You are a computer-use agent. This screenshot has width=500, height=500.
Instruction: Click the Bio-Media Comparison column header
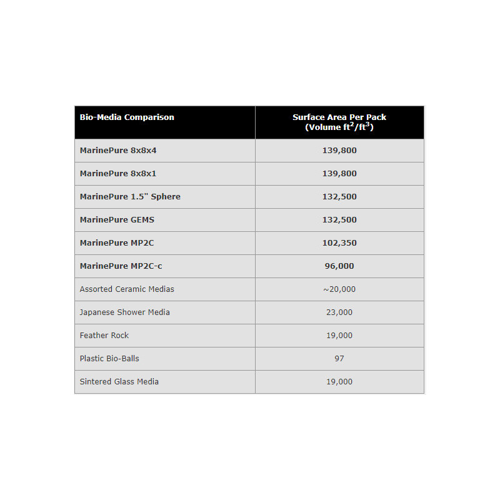point(127,117)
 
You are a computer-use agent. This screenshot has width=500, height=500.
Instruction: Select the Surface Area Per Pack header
point(339,122)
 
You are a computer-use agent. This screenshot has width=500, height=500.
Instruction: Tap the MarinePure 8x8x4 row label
point(118,151)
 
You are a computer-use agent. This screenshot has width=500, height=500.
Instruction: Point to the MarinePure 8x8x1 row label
point(118,174)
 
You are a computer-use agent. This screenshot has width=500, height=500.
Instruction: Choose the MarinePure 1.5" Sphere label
point(130,197)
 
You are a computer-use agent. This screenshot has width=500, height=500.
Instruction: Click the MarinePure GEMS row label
point(117,220)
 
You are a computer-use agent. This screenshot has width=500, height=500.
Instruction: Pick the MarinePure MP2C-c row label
point(121,266)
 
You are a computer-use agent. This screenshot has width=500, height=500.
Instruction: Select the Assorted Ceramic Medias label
point(127,289)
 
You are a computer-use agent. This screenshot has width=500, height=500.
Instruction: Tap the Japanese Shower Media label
point(124,312)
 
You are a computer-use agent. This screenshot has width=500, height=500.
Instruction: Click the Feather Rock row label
point(104,336)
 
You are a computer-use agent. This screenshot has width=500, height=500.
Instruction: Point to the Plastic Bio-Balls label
point(109,359)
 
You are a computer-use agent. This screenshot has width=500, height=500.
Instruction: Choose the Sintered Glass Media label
point(119,382)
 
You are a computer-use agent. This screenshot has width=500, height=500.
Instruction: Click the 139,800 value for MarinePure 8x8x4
point(339,151)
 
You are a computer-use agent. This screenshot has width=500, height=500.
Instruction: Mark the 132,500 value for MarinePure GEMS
point(339,220)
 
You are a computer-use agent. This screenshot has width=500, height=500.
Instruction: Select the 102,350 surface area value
point(339,243)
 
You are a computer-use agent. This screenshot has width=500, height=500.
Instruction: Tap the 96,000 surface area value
point(339,266)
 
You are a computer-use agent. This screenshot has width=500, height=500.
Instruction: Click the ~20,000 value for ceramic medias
point(339,289)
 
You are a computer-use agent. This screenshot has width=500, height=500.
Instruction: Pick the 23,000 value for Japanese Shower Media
point(339,312)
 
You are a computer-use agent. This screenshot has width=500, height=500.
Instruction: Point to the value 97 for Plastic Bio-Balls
point(339,359)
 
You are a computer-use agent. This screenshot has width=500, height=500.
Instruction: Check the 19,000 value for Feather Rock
point(339,336)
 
